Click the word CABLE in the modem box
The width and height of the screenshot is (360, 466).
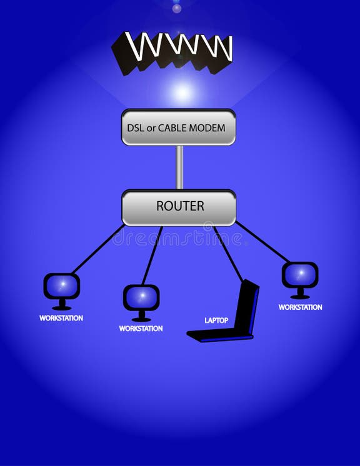177,128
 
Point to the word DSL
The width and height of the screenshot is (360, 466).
134,128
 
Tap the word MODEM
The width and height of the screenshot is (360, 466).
211,128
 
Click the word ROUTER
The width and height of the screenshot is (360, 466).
180,206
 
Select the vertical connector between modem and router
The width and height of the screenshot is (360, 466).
179,167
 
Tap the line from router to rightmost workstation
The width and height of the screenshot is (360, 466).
262,242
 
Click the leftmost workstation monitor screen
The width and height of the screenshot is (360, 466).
61,286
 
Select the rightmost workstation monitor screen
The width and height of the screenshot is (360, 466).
300,274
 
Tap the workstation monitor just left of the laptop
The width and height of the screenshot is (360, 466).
141,297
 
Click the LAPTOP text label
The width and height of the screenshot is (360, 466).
216,320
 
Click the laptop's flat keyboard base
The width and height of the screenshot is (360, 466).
219,336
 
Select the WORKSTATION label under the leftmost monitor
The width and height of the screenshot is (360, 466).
61,318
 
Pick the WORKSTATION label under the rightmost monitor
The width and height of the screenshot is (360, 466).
300,307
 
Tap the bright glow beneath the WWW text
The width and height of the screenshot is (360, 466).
182,92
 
